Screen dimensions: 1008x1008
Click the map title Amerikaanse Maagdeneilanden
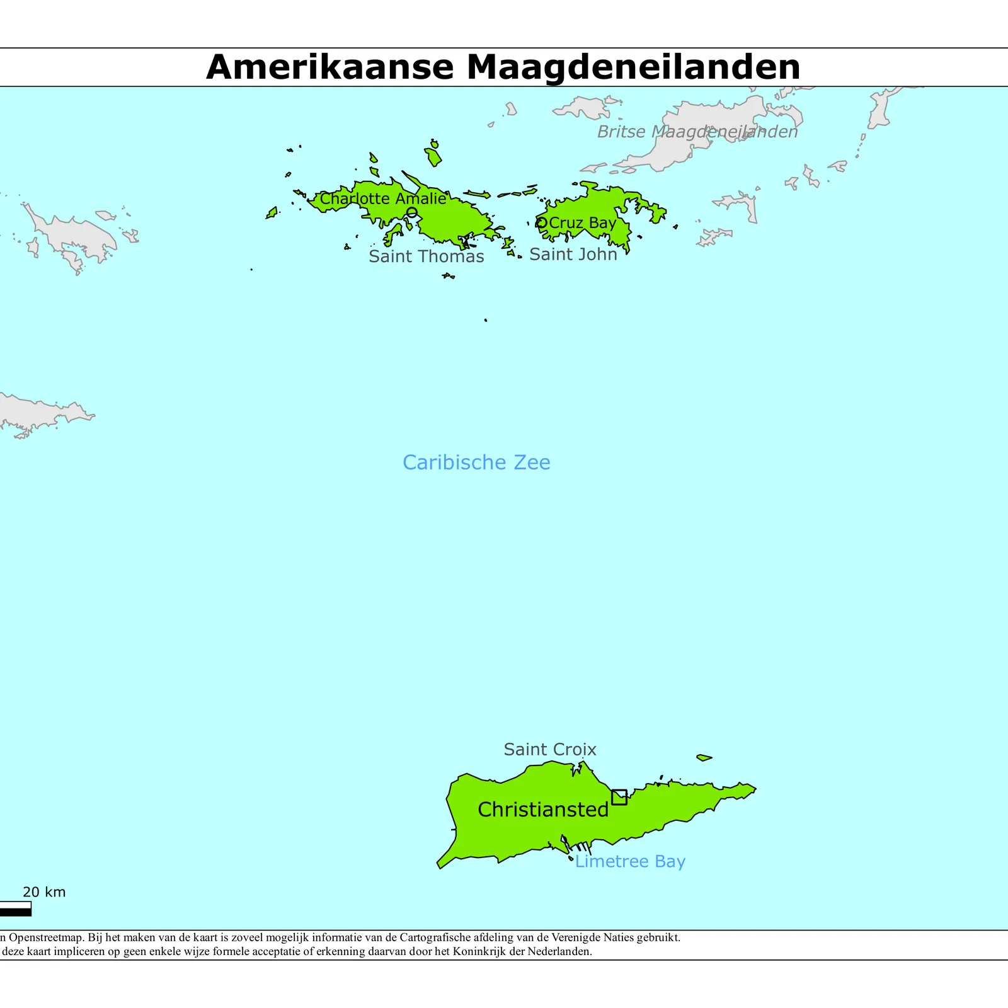(503, 67)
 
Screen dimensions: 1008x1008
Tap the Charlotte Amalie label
(383, 198)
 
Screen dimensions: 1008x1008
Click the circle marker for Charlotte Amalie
(411, 213)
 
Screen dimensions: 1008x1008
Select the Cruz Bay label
(582, 223)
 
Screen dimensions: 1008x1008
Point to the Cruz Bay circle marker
(541, 222)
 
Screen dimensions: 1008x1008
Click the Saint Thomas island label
(426, 256)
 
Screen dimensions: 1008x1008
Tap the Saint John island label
(573, 254)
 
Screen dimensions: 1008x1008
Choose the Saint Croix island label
(549, 749)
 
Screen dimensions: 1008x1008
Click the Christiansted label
(543, 810)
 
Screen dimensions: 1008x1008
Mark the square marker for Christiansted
(619, 797)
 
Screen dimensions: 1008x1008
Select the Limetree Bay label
(630, 861)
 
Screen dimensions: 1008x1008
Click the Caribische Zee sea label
(476, 462)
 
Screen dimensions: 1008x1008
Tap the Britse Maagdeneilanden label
(697, 132)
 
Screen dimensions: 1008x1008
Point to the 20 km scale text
(44, 892)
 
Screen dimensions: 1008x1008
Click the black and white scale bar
(15, 908)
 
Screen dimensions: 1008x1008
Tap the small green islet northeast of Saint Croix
(704, 757)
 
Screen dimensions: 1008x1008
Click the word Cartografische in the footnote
(433, 937)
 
